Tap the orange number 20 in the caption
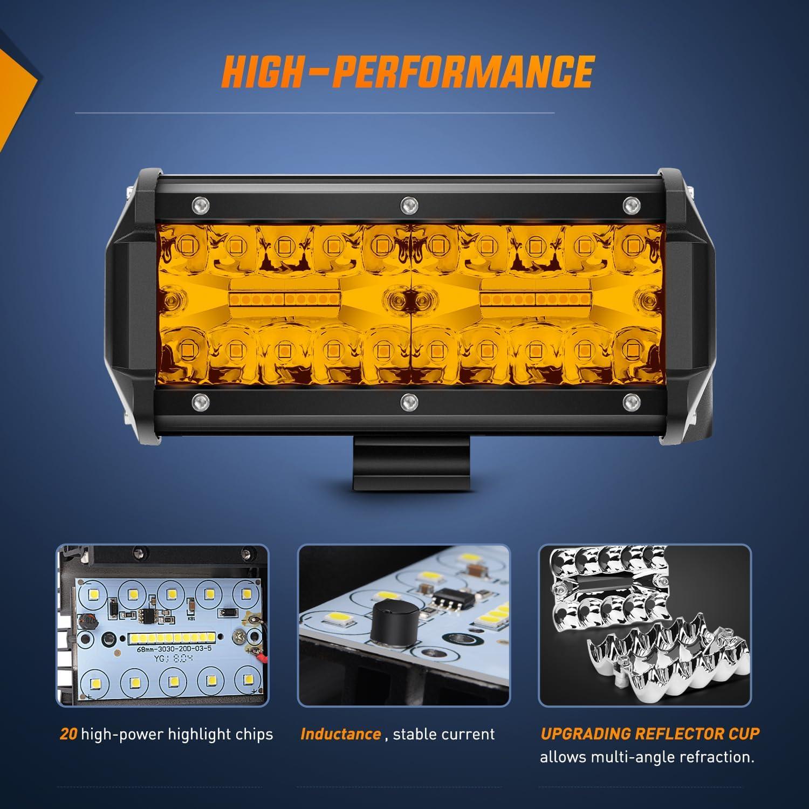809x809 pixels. [68, 734]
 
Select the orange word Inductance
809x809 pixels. [340, 734]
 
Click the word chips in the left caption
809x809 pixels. [253, 734]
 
